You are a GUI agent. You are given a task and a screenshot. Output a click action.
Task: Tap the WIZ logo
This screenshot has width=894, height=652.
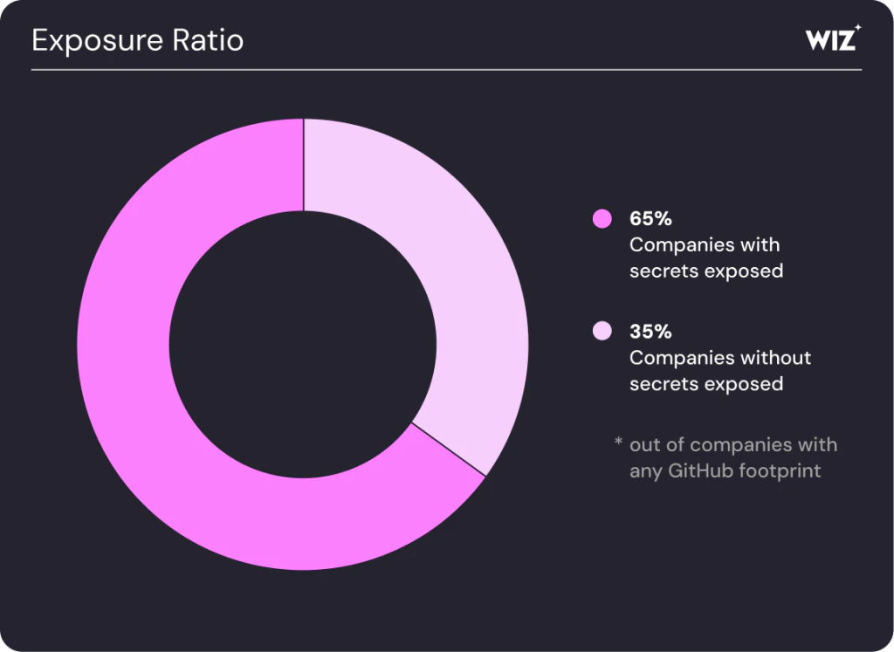click(x=830, y=39)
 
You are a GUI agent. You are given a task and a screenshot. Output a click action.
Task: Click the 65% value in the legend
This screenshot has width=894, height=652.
click(x=650, y=219)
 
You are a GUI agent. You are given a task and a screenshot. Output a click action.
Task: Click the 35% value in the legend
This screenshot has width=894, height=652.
click(x=650, y=332)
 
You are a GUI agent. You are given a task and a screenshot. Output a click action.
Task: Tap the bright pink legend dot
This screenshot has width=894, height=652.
click(x=602, y=219)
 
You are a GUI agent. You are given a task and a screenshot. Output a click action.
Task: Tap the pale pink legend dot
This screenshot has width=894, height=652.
click(x=602, y=332)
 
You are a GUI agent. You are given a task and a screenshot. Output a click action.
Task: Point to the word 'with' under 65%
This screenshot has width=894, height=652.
click(x=760, y=244)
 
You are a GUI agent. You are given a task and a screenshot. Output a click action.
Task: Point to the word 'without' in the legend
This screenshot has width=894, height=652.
click(x=776, y=358)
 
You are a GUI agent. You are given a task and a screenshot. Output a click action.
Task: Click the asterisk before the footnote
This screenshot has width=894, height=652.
click(x=618, y=444)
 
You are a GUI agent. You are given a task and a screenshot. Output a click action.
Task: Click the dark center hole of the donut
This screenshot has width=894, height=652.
click(x=303, y=344)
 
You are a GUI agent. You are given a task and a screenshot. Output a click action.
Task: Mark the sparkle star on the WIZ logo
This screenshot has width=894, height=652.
click(x=857, y=28)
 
